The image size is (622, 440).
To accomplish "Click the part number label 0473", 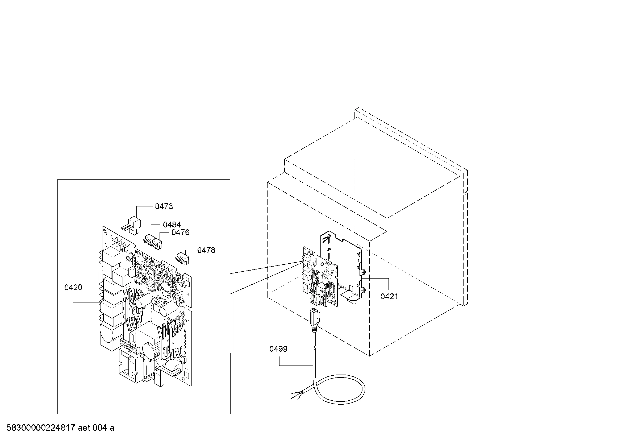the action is [x=164, y=206].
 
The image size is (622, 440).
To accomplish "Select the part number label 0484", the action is [x=172, y=225].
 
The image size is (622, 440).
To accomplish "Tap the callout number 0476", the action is [x=180, y=233].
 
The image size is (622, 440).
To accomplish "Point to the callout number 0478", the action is [x=206, y=250].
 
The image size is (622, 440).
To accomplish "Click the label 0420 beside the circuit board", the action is [x=73, y=288].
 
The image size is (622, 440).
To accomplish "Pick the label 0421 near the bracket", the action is [x=389, y=297].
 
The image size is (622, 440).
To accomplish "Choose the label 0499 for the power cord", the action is [x=278, y=349].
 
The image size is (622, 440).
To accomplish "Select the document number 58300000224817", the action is [x=41, y=428].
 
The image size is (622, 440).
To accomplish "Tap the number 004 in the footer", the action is [x=100, y=428].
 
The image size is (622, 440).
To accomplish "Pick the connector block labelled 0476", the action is [x=157, y=244].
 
